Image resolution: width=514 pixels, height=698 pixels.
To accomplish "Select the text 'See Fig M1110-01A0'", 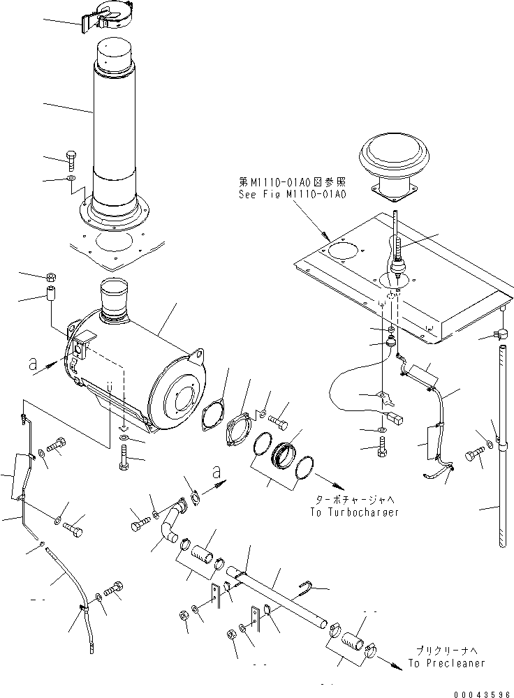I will (292, 195).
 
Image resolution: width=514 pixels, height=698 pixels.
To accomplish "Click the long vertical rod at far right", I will (501, 447).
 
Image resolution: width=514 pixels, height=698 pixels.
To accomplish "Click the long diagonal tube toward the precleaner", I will (279, 593).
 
